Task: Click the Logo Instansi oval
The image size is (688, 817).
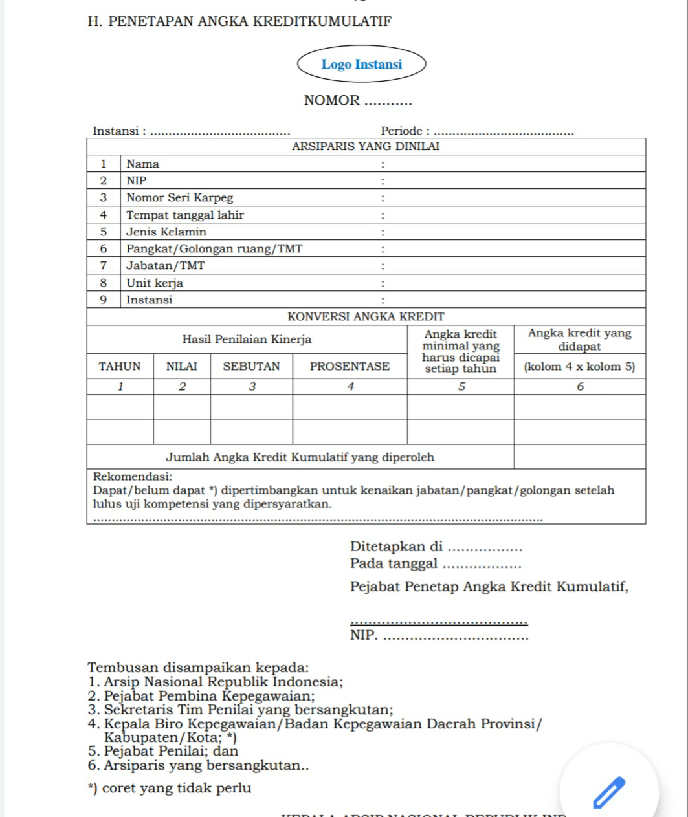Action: [x=361, y=64]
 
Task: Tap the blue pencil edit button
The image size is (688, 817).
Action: [x=609, y=791]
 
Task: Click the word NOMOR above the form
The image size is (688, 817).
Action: [x=331, y=100]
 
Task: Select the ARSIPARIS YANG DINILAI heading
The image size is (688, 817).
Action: [x=366, y=146]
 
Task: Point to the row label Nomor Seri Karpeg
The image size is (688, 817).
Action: [x=179, y=198]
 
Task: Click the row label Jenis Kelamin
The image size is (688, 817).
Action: [x=166, y=232]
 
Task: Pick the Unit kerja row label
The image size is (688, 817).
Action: [x=155, y=283]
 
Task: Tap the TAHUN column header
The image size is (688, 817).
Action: [x=120, y=366]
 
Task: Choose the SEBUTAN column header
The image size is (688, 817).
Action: [x=251, y=366]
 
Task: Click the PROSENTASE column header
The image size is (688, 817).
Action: [x=350, y=366]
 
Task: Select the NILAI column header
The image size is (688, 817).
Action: [x=182, y=366]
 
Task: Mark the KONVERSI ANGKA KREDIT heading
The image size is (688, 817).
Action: [x=366, y=317]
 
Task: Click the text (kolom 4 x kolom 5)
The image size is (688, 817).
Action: [x=579, y=366]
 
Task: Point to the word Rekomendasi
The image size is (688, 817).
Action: [x=132, y=477]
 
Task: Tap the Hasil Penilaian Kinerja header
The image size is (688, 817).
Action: [x=247, y=339]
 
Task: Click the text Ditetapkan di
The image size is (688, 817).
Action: [x=396, y=546]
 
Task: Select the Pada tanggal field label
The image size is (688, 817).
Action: [x=394, y=563]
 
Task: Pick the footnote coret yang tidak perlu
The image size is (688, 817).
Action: [x=177, y=788]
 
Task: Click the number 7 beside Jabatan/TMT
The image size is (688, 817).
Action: [x=103, y=266]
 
